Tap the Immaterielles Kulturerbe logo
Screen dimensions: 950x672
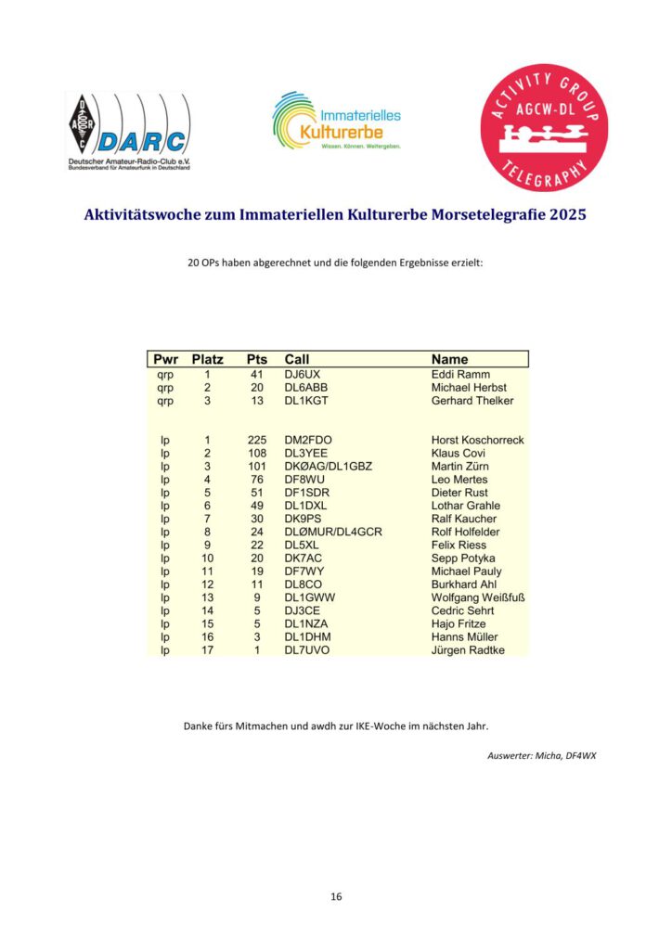[336, 122]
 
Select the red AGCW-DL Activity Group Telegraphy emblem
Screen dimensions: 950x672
[544, 125]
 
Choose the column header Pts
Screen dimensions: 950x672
[257, 359]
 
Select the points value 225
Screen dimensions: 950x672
[257, 440]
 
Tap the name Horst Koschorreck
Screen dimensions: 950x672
[477, 440]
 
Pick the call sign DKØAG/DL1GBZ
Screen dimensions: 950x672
[328, 466]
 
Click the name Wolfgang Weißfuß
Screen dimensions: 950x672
[478, 597]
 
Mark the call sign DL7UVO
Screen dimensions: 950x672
[306, 650]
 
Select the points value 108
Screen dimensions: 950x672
[257, 453]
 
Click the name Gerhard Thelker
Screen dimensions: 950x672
[472, 401]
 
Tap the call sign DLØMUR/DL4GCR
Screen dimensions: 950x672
[333, 532]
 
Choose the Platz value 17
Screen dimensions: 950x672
[207, 650]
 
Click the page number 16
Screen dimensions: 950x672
[336, 896]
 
